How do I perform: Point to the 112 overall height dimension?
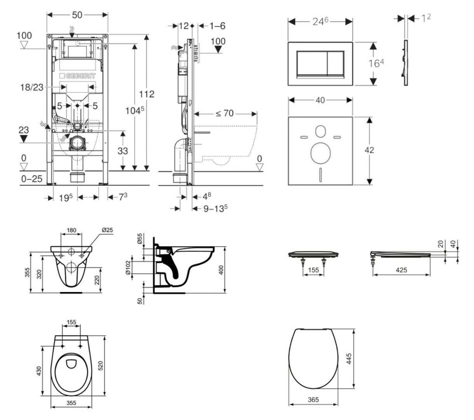click(x=146, y=94)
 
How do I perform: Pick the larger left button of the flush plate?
click(x=312, y=64)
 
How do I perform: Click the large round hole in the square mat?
click(x=320, y=153)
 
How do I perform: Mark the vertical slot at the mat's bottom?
click(x=320, y=175)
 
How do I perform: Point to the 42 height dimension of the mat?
click(x=369, y=150)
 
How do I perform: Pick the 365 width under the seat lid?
click(x=313, y=399)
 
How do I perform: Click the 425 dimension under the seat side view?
click(x=401, y=270)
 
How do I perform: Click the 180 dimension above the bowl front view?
click(x=71, y=230)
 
